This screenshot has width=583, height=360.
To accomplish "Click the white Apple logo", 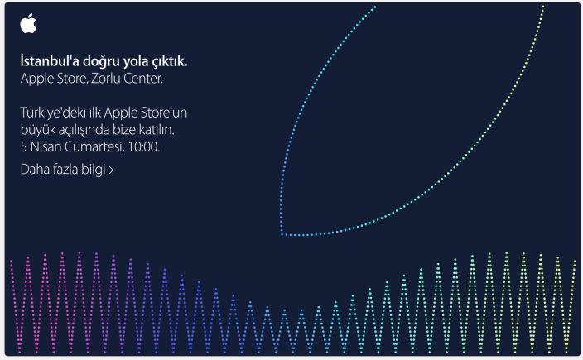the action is pos(28,23).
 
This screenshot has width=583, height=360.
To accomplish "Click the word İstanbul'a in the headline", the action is pos(50,61).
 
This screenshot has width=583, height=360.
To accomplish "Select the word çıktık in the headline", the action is pos(170,62).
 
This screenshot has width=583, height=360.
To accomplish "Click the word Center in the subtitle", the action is pos(142,79).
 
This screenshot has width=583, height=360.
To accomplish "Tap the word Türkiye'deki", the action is pos(53,113).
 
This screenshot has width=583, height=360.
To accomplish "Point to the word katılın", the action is pos(157,130).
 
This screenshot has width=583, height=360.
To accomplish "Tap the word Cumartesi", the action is pos(94,147).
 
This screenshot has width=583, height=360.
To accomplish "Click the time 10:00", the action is pos(143,147).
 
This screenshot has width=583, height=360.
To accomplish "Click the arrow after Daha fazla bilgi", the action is pos(111,170).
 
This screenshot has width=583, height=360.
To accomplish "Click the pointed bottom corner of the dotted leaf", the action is pos(282,234).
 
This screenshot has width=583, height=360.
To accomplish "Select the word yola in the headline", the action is pos(136,62).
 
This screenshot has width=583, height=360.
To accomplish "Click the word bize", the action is pos(124,130).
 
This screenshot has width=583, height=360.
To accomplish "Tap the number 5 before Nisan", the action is pos(24,147).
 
